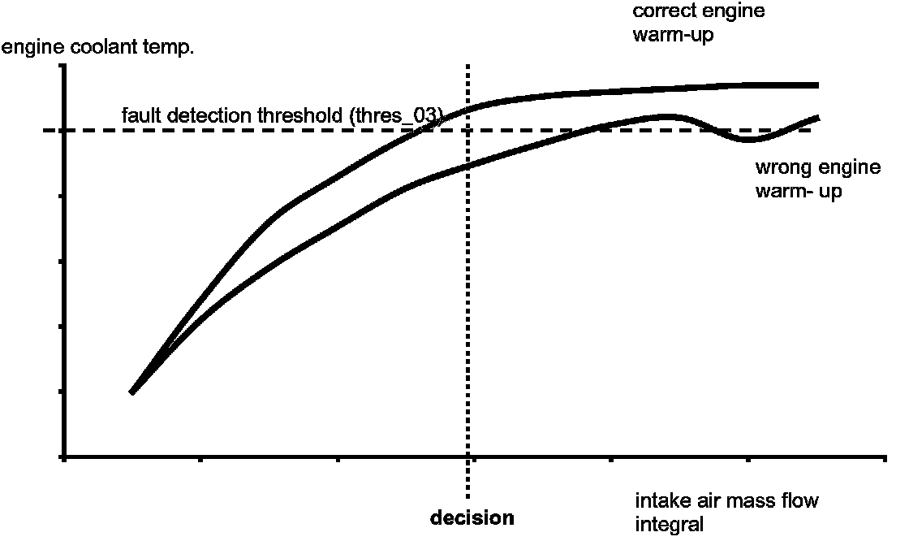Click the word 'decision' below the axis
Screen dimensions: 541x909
coord(472,517)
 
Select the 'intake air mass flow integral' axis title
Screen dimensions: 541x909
coord(726,511)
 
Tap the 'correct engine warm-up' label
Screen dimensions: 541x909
coord(697,23)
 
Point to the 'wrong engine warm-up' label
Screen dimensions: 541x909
coord(817,180)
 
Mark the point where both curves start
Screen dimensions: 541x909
coord(131,392)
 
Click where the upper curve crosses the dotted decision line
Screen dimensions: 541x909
coord(468,107)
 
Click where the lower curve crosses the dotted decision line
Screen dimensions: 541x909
coord(468,167)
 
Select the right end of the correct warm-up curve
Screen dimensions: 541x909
coord(816,84)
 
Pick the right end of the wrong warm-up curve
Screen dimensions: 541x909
coord(817,118)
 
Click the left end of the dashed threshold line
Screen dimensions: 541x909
coord(47,130)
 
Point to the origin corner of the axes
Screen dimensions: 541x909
coord(64,457)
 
